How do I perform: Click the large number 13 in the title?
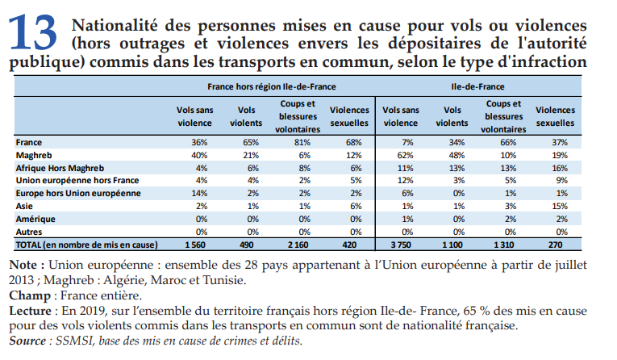click(34, 32)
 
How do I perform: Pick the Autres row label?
click(29, 231)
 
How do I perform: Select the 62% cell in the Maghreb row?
click(400, 154)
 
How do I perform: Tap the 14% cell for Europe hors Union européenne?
click(194, 193)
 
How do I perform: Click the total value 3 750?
click(400, 244)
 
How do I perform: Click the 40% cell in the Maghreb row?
click(194, 154)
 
